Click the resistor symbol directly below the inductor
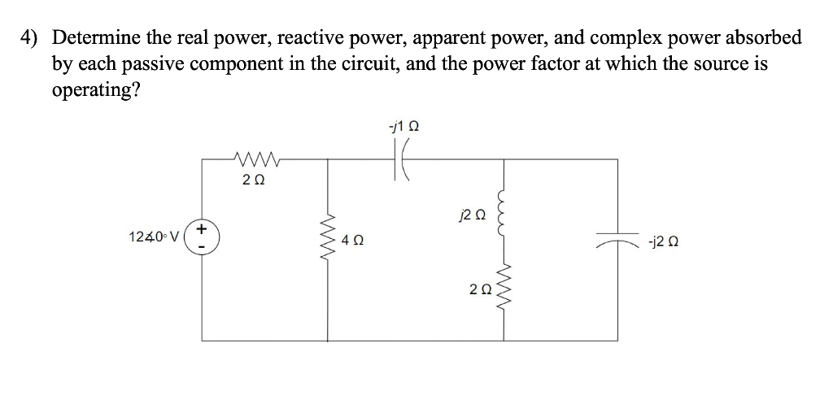506,289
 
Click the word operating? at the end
95,89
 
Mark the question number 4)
30,37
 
